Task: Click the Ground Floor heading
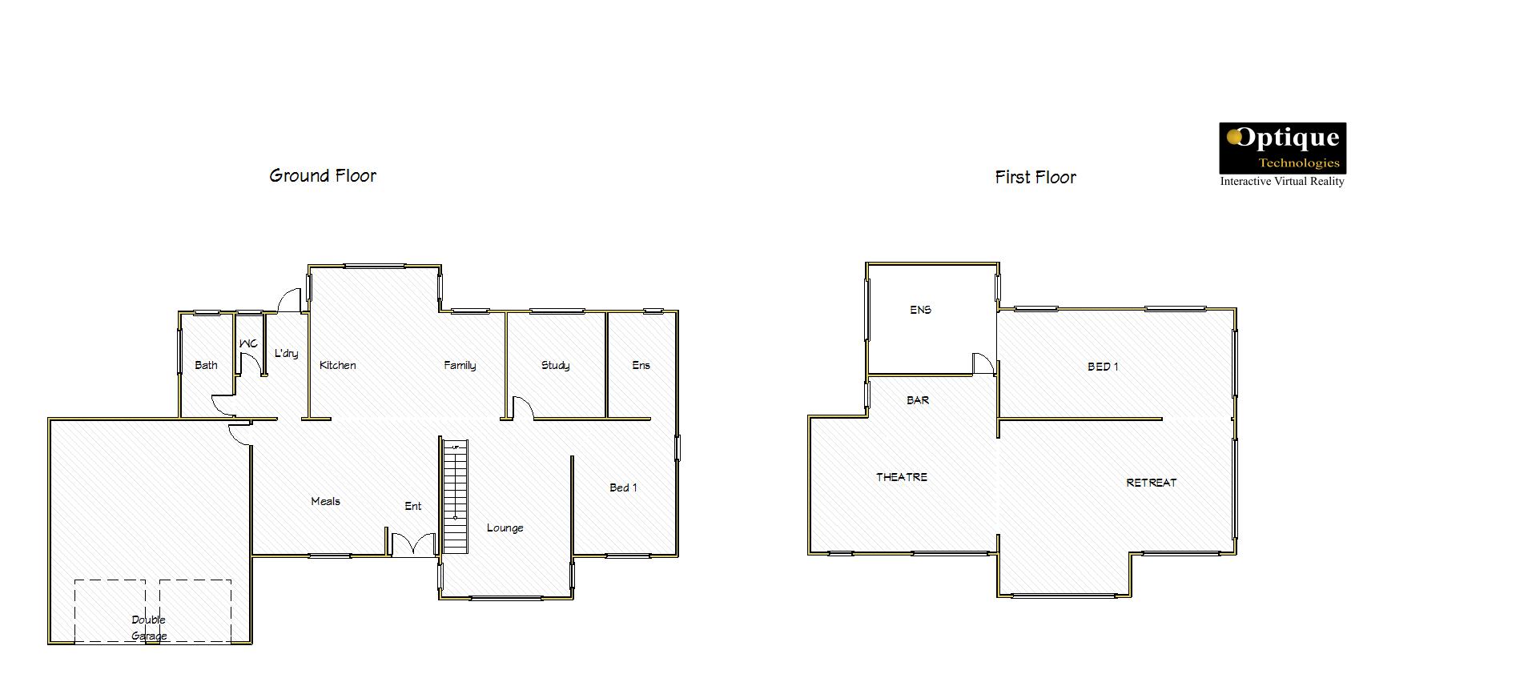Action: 323,176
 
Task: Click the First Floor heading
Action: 1035,177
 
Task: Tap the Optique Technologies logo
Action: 1282,148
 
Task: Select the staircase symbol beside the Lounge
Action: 455,496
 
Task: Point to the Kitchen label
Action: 338,365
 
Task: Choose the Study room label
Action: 555,366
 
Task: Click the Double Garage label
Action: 149,628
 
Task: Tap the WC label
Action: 248,343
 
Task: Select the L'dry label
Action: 286,353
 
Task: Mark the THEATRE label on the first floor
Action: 902,477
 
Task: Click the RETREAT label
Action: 1152,483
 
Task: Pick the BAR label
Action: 918,400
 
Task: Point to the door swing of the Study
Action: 523,407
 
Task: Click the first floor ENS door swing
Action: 983,363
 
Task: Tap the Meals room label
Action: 325,501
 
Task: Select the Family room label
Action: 460,366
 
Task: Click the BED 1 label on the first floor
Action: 1103,367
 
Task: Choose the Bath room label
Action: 206,365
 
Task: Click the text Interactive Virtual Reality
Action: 1282,182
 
